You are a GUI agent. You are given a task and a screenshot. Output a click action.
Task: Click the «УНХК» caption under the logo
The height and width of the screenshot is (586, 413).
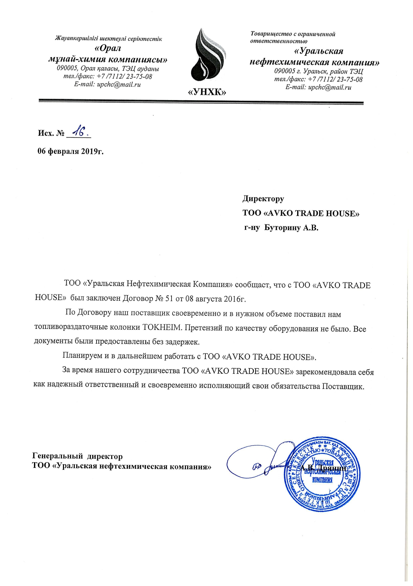[207, 92]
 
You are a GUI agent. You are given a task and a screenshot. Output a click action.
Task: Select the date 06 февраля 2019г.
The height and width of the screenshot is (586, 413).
[70, 151]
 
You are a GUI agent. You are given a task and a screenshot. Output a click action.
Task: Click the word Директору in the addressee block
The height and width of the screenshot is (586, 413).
[263, 199]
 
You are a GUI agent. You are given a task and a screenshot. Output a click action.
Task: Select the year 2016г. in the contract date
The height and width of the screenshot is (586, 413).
[234, 298]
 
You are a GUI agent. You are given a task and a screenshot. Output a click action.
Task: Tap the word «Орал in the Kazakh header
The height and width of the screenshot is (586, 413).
[108, 48]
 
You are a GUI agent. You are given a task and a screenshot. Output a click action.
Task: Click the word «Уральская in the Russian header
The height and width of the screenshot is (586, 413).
[319, 51]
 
